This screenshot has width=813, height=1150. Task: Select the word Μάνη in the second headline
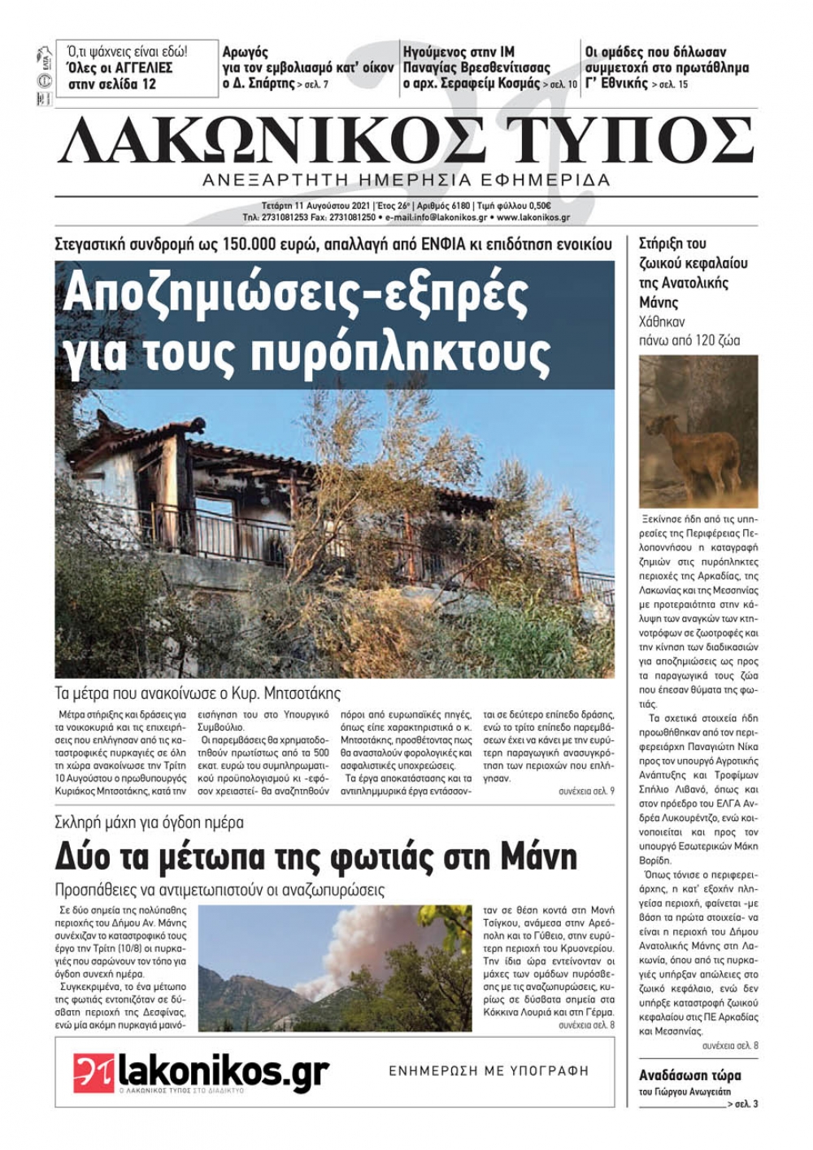(537, 857)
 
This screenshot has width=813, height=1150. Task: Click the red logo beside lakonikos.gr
(93, 1074)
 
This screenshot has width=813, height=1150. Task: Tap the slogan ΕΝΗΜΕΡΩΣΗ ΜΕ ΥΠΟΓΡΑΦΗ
(488, 1071)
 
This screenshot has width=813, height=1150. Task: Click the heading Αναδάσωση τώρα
(689, 1075)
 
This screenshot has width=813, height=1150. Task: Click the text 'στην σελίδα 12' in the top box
(112, 84)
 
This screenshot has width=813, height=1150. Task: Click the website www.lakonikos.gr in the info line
(533, 218)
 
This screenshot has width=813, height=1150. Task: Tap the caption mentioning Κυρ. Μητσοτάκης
(198, 693)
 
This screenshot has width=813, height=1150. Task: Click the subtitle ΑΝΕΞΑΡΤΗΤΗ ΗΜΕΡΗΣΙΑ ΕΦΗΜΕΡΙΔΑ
(406, 180)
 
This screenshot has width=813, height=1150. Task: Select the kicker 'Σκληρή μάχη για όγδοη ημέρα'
(150, 822)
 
